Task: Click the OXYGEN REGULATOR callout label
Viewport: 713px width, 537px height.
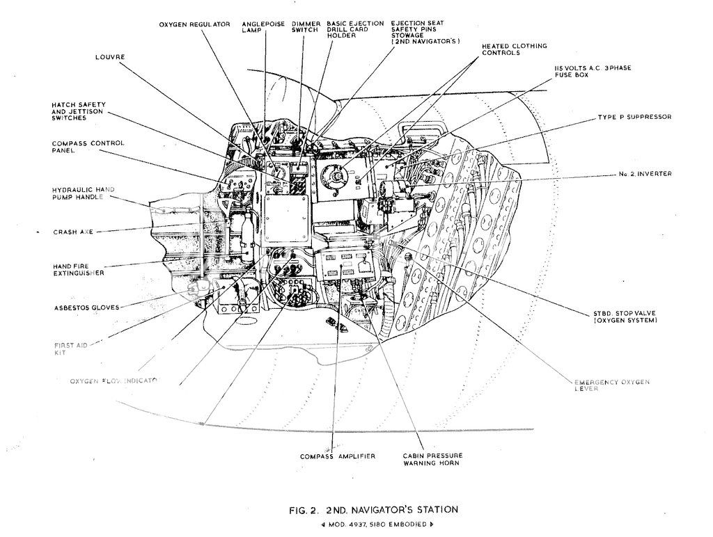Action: coord(194,24)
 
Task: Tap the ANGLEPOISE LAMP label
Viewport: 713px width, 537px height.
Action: coord(263,27)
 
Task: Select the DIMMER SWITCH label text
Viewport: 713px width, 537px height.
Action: coord(305,27)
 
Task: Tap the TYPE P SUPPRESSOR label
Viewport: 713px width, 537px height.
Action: coord(634,117)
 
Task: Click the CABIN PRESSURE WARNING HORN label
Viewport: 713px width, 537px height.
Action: coord(432,460)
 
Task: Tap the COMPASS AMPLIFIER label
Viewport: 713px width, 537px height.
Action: coord(338,456)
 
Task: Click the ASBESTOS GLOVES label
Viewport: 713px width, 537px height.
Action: coord(86,307)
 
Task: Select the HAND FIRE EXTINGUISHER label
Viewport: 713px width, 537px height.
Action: coord(78,270)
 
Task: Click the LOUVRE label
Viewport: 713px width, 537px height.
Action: coord(109,57)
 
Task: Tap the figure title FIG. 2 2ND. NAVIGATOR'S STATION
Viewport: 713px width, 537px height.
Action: coord(373,510)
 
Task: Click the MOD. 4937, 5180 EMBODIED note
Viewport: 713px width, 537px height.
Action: coord(373,524)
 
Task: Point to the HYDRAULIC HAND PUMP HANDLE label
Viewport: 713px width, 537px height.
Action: coord(83,193)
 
